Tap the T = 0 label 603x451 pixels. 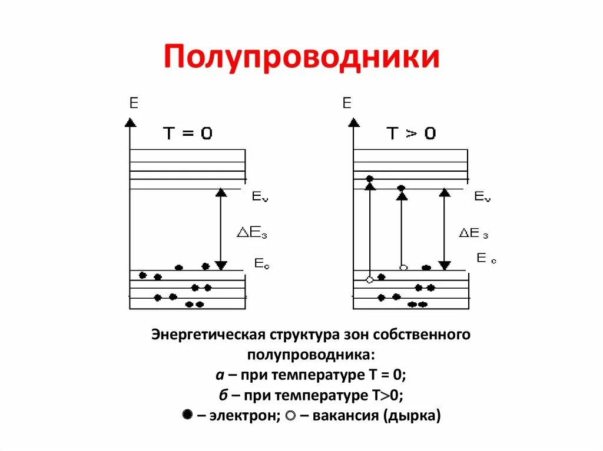click(x=188, y=133)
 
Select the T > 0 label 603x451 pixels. click(x=412, y=133)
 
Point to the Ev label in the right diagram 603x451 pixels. click(x=482, y=196)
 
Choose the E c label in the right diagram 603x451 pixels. click(x=486, y=258)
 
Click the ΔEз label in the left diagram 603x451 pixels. click(x=251, y=233)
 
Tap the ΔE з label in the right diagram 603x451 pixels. click(x=474, y=233)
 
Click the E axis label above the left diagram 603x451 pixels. click(x=134, y=104)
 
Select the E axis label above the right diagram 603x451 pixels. click(x=347, y=104)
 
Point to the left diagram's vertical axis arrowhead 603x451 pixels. click(x=130, y=122)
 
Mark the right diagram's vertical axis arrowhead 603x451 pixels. click(x=353, y=122)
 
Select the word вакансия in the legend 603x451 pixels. click(x=339, y=416)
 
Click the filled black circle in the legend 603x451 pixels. click(x=187, y=415)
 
